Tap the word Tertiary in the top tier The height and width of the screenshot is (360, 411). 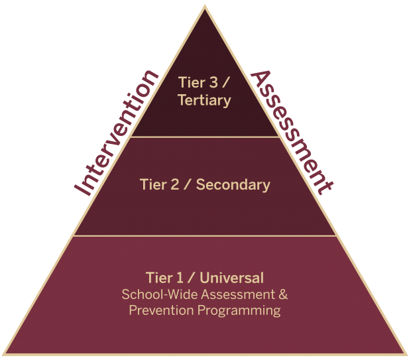coord(205,101)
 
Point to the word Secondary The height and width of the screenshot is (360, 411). coord(233,184)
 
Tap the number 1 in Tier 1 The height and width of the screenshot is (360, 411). coord(178,277)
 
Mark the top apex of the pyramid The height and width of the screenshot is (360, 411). coord(206,6)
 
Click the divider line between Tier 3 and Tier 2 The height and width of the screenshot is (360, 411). coord(206,137)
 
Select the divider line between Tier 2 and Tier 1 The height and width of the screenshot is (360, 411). coord(206,235)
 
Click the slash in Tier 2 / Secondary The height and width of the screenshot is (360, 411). coord(187,184)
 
